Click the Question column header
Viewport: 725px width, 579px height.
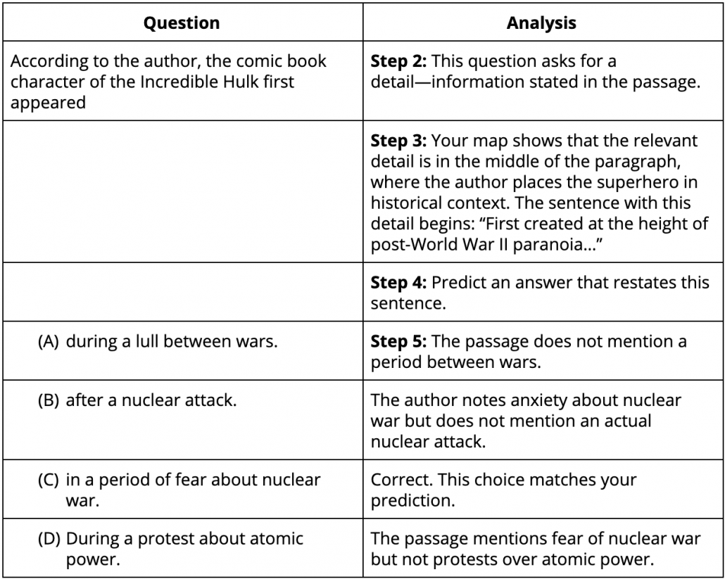182,23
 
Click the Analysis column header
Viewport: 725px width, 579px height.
541,23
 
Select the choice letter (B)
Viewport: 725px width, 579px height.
49,402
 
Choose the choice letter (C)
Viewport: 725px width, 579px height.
49,481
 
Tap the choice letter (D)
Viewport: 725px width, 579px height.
49,540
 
